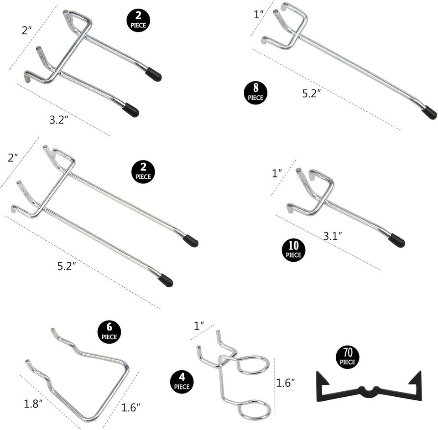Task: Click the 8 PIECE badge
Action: pos(255,93)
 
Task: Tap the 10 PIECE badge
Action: pos(293,250)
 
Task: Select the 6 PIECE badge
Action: pos(109,332)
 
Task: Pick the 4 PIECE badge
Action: pos(182,382)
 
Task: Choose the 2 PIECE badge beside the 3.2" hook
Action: pos(138,21)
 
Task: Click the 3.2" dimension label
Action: pos(59,120)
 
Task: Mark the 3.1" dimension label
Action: pos(333,237)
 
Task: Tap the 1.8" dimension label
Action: pos(33,404)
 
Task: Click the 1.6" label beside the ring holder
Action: pos(286,383)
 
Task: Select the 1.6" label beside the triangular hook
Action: pos(130,408)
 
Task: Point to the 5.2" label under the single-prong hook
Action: pos(312,93)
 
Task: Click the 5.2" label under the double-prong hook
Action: pos(67,266)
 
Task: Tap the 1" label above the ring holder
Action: pos(198,326)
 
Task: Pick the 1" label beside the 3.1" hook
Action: pos(277,173)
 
